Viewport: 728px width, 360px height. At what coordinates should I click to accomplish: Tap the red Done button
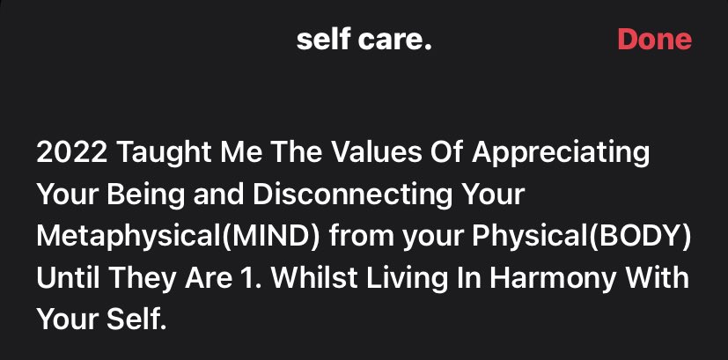(654, 40)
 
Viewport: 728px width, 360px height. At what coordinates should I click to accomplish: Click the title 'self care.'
(364, 40)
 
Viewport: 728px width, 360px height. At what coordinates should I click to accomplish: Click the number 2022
(70, 153)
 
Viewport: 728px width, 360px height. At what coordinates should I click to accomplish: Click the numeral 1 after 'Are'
(228, 279)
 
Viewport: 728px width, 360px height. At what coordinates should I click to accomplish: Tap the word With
(660, 279)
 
